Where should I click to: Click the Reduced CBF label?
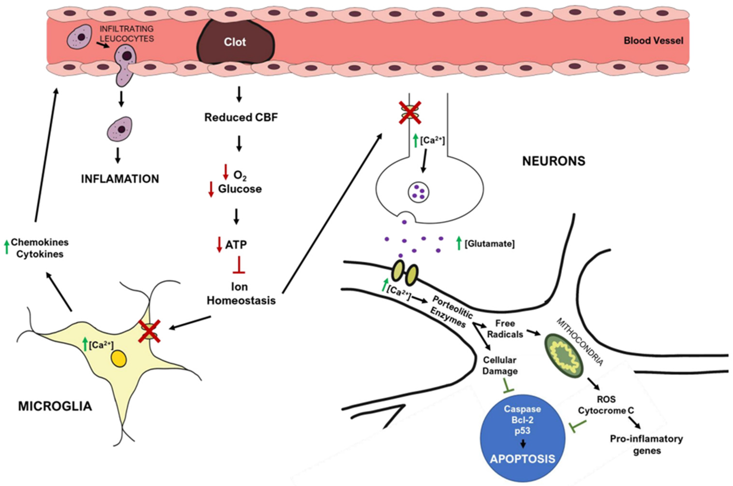pyautogui.click(x=241, y=118)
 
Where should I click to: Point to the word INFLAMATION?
pyautogui.click(x=120, y=179)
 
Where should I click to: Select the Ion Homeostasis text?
pyautogui.click(x=241, y=293)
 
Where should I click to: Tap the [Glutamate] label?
pyautogui.click(x=489, y=244)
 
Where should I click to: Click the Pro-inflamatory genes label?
pyautogui.click(x=646, y=444)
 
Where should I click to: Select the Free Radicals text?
pyautogui.click(x=505, y=329)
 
